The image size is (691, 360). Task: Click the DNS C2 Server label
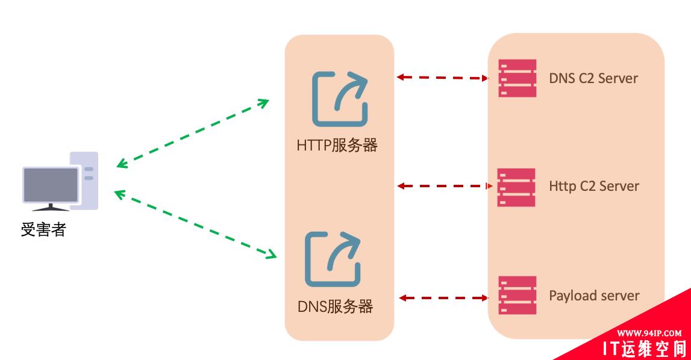(593, 78)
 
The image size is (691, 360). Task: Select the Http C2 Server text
(594, 186)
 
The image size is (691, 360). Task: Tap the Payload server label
(594, 296)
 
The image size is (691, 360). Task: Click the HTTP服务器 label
(337, 146)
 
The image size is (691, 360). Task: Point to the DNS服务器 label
(336, 306)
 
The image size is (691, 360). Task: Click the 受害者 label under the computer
(43, 229)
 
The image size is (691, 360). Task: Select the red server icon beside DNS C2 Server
(517, 78)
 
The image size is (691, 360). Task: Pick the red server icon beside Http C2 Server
(516, 187)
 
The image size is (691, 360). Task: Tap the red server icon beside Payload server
(517, 295)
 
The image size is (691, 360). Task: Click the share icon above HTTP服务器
(340, 99)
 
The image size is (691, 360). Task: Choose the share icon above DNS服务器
(333, 259)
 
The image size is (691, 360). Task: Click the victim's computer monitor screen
(51, 184)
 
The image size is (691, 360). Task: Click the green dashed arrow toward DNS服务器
(195, 225)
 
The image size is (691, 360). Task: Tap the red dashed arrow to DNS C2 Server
(442, 77)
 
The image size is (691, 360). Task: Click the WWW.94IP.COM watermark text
(649, 333)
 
